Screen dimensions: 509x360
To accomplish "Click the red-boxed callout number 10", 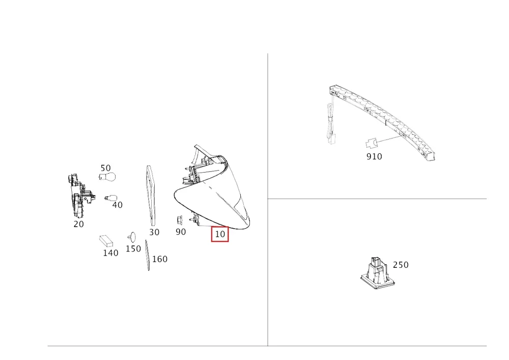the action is (x=220, y=234).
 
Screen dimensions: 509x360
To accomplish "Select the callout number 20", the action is (x=78, y=224).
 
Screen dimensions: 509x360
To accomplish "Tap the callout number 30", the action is (x=154, y=232).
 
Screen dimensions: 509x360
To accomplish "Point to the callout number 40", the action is (x=117, y=205).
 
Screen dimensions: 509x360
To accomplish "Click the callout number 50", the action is (x=105, y=168).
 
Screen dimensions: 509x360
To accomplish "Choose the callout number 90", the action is (x=181, y=232).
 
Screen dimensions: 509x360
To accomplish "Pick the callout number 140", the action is (x=110, y=253).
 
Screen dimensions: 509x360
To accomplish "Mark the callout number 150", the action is (x=133, y=248).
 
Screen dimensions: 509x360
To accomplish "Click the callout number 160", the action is (x=160, y=259).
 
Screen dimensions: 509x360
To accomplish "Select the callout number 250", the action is (x=401, y=265).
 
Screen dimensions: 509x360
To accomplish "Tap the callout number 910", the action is (x=374, y=156).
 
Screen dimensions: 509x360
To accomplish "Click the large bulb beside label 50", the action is (x=107, y=177).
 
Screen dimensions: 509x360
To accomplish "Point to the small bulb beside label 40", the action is (x=110, y=198).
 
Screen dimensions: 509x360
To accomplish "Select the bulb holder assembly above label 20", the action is (x=80, y=196).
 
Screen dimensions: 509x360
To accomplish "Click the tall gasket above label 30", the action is (x=151, y=196).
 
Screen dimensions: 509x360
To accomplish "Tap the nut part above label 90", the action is (x=180, y=220).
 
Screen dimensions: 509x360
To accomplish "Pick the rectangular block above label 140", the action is (x=106, y=241).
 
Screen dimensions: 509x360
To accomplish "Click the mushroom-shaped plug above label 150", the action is (x=131, y=237).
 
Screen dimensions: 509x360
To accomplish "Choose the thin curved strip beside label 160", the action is (x=148, y=255).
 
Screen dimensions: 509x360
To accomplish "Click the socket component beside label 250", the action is (x=378, y=273).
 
